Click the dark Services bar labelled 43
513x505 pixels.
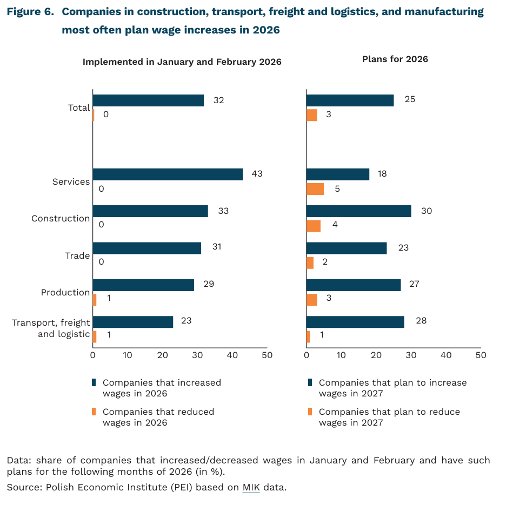click(x=168, y=174)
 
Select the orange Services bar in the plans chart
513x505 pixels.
click(x=315, y=189)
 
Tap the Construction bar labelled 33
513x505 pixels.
click(x=150, y=211)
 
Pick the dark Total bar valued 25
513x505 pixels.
click(x=350, y=100)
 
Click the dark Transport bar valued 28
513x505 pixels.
click(x=355, y=322)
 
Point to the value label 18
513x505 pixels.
click(x=382, y=174)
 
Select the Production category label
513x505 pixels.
click(x=65, y=292)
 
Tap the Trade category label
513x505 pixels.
click(x=77, y=255)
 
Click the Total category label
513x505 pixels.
click(x=79, y=107)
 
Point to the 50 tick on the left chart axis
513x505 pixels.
click(x=267, y=355)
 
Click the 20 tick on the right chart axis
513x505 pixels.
click(x=376, y=355)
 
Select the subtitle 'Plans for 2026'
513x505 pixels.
click(x=395, y=59)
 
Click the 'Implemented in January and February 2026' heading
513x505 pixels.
click(x=182, y=62)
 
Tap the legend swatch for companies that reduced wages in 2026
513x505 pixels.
click(x=94, y=412)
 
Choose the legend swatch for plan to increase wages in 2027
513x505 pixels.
click(x=310, y=382)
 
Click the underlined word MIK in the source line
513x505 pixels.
click(x=251, y=488)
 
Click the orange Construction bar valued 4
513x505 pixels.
click(x=314, y=226)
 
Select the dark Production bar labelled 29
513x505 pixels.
click(x=143, y=285)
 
